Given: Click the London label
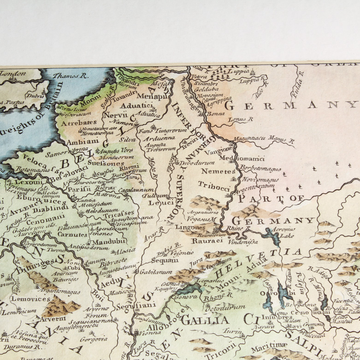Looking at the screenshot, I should click(x=13, y=73).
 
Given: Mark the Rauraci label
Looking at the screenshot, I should click(x=204, y=240).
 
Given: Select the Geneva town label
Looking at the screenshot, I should click(x=186, y=297).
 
